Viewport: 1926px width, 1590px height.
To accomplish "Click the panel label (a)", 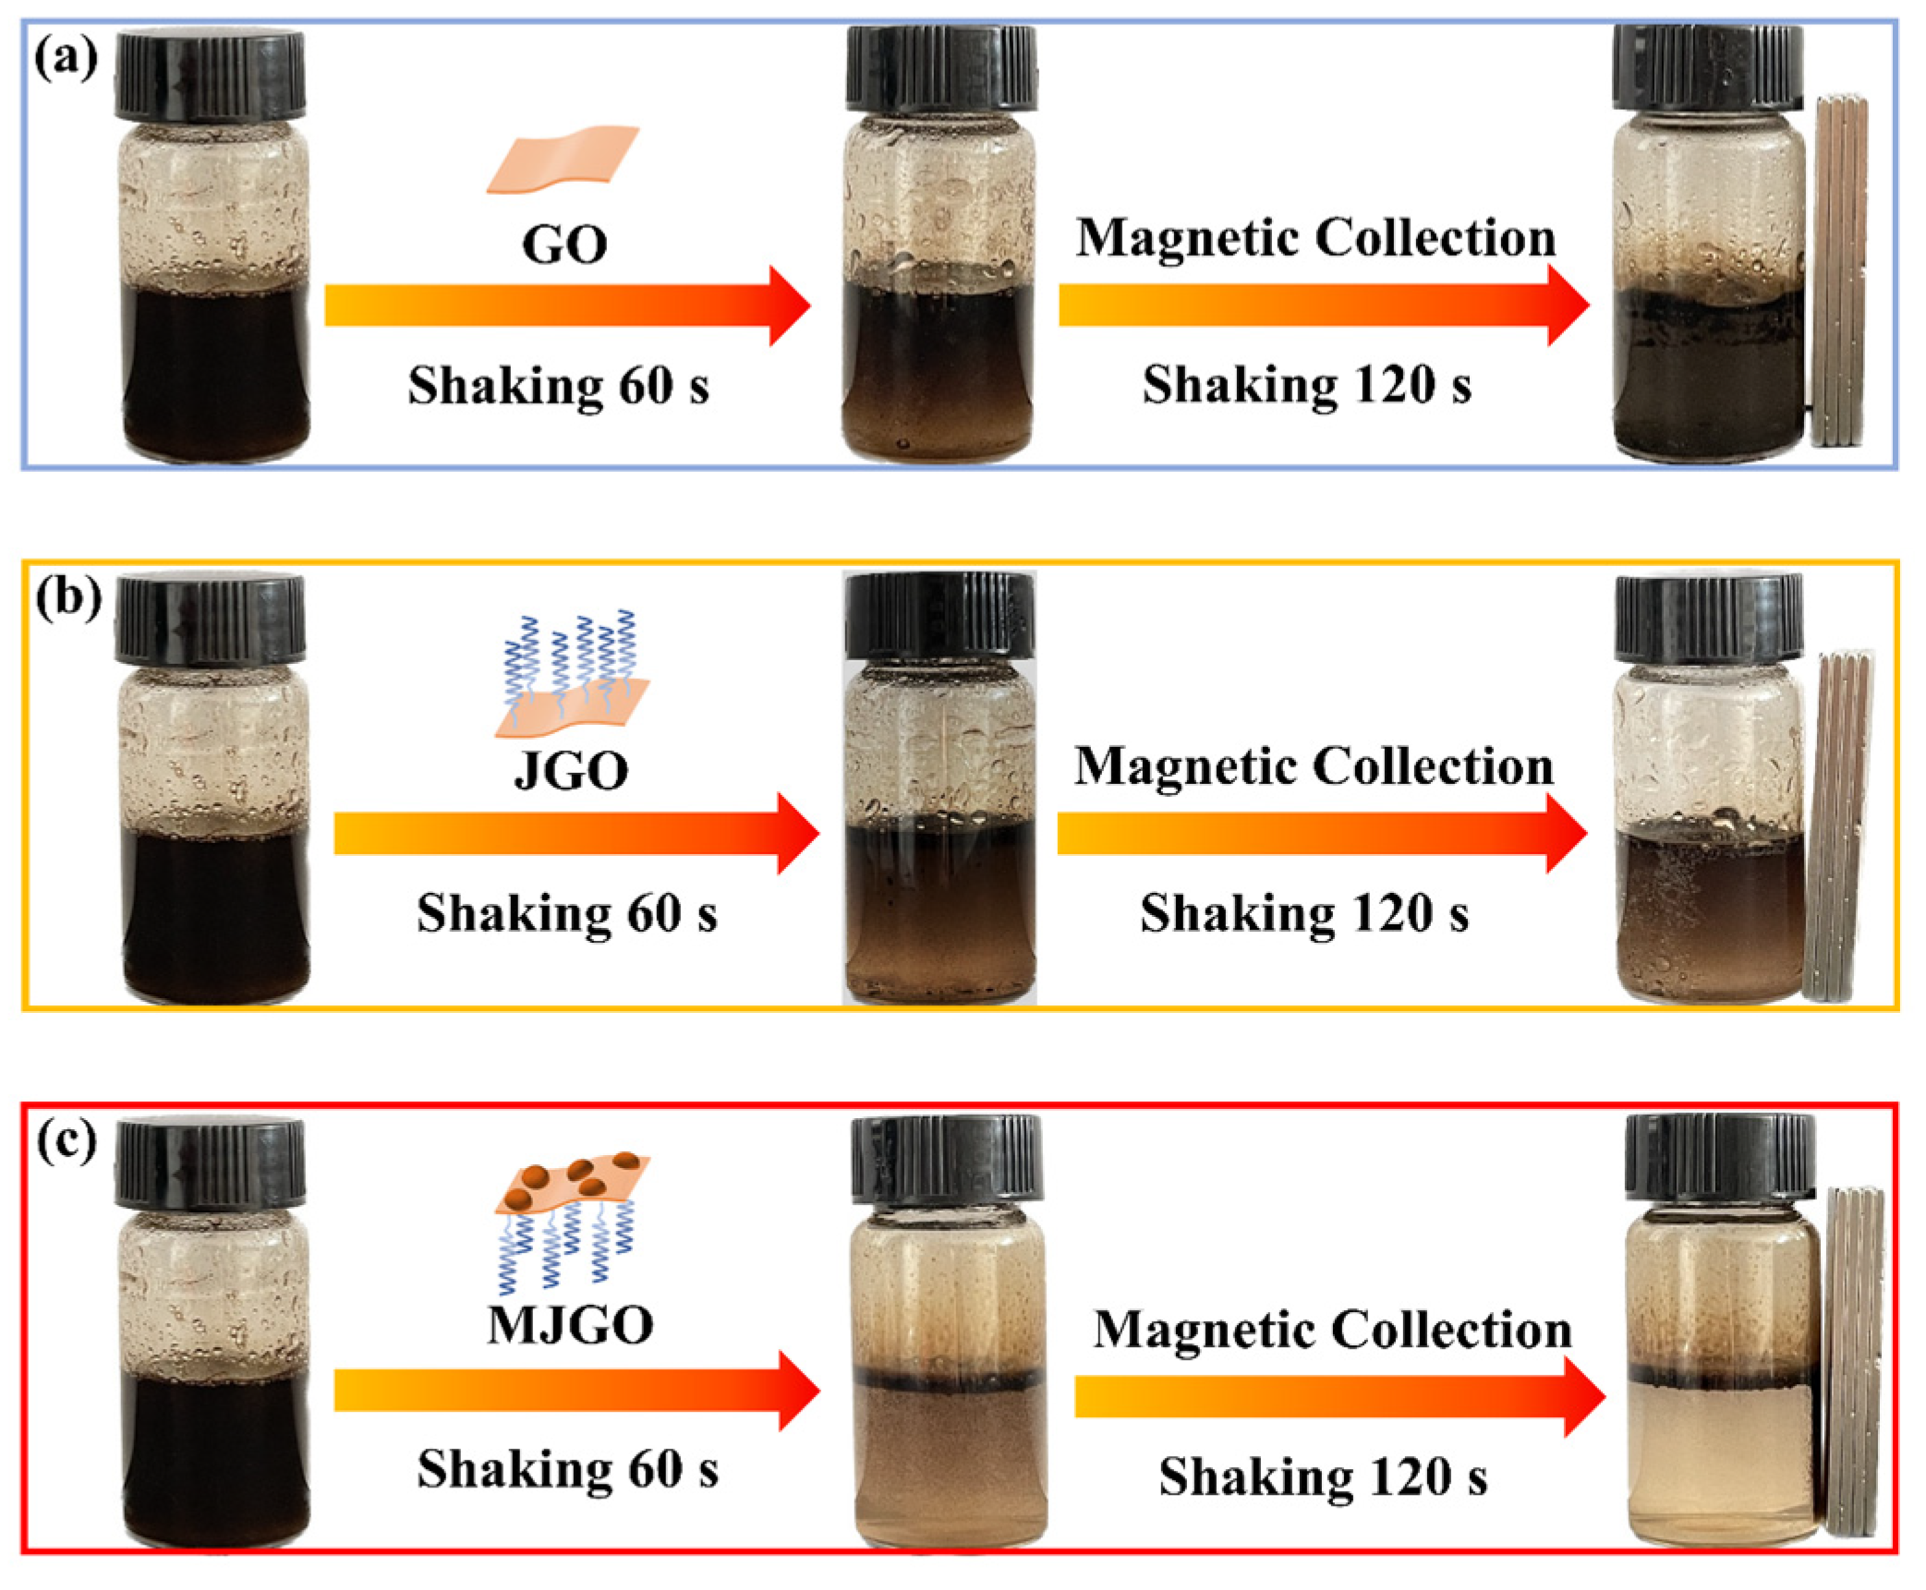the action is (x=66, y=61).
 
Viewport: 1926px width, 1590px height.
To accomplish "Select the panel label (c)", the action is (x=66, y=1142).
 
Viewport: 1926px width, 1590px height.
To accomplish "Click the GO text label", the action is (x=564, y=246).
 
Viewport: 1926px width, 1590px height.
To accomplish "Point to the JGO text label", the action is (x=572, y=771).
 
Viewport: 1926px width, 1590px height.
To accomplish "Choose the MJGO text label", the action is (x=571, y=1326).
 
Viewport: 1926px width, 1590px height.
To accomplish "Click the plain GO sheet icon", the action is (x=563, y=159).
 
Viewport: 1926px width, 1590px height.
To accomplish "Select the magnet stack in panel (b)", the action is (x=1838, y=826).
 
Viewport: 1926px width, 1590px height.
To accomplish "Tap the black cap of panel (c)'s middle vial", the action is (x=947, y=1159).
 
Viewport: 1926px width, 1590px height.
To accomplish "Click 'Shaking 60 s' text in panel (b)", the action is (x=566, y=914).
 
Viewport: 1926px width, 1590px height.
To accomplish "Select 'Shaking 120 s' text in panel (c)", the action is (x=1323, y=1477).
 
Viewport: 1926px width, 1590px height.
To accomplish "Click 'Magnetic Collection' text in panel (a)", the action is (x=1315, y=238).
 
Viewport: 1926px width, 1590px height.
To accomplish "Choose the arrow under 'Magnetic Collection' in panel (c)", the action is (x=1339, y=1396).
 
